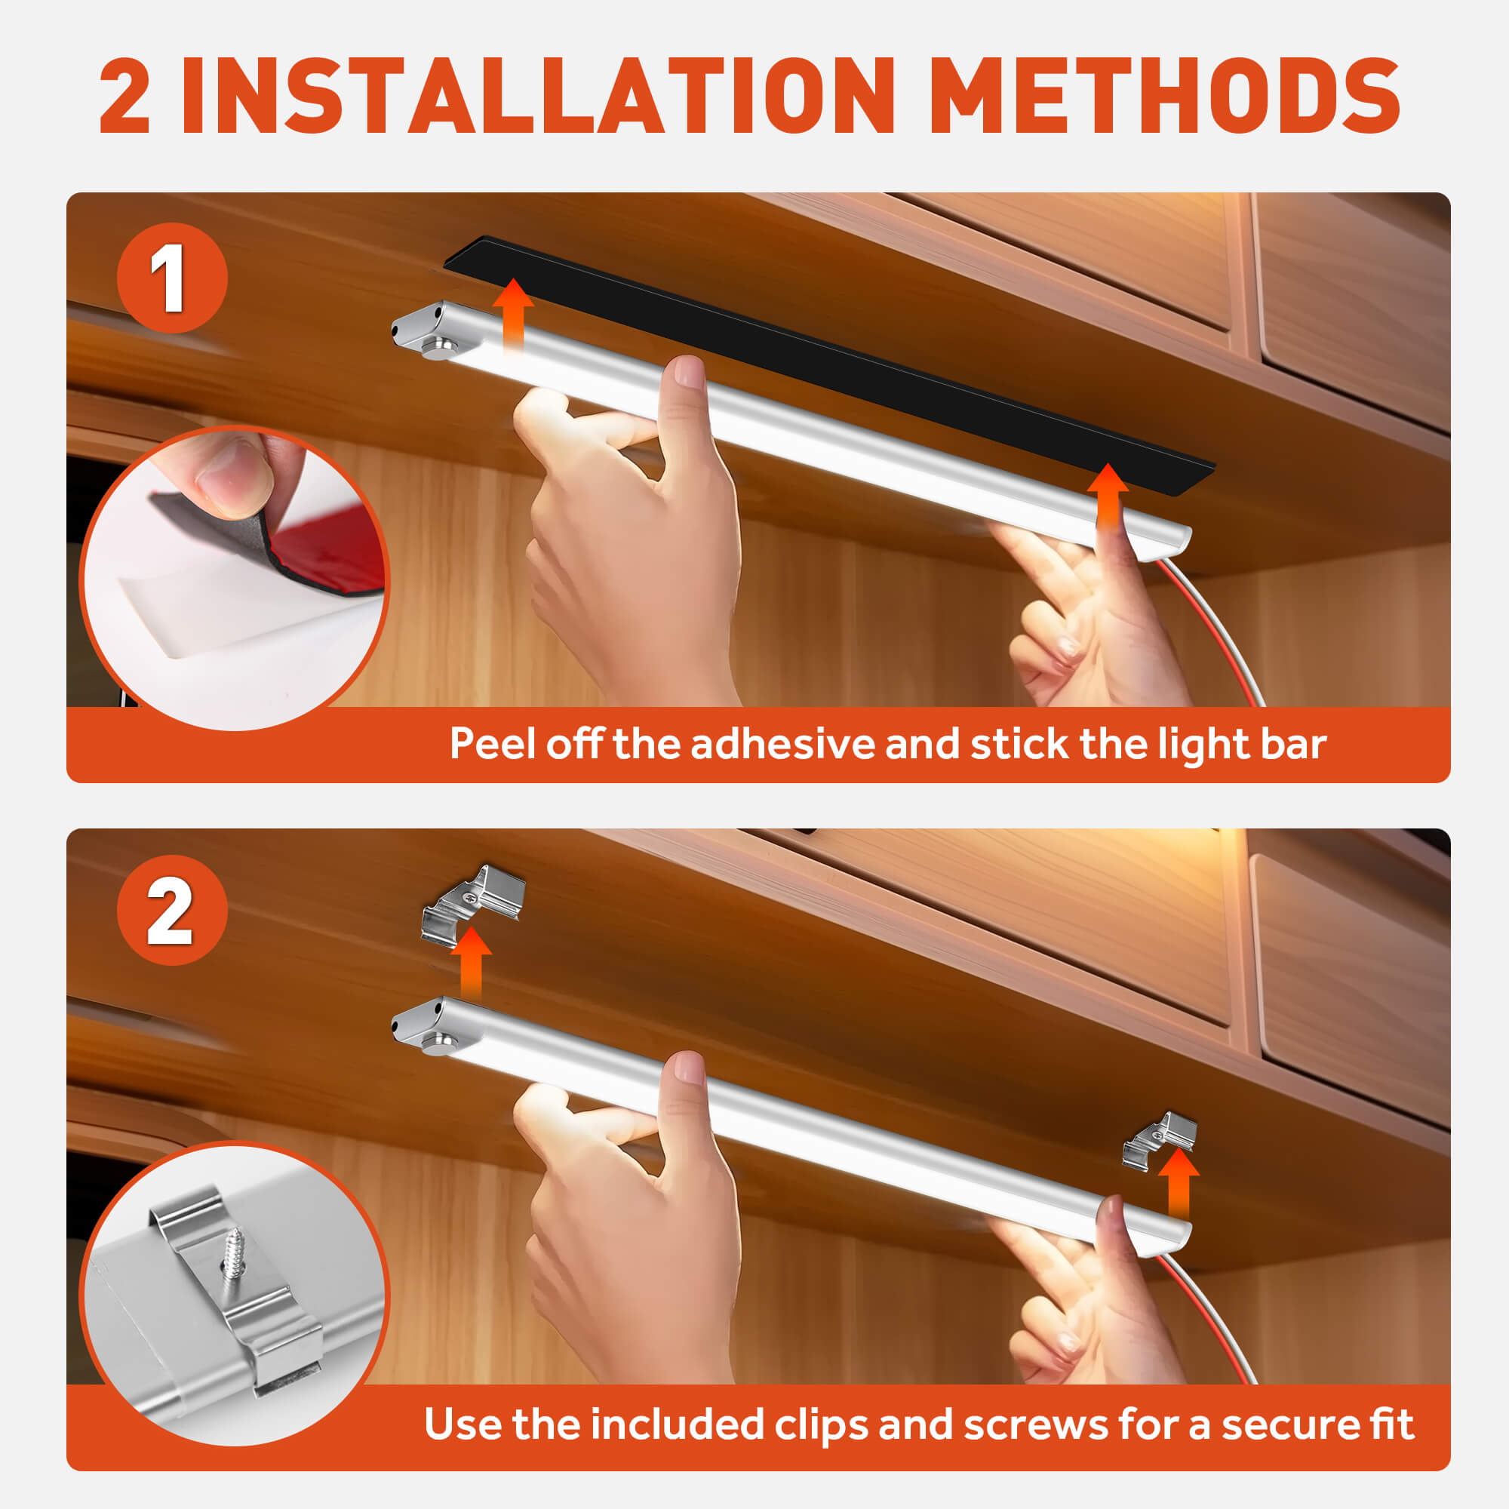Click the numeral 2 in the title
click(125, 96)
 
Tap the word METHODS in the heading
click(1166, 96)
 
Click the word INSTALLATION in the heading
click(537, 96)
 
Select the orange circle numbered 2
click(172, 911)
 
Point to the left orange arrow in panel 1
click(513, 316)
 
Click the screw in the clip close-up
click(234, 1252)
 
